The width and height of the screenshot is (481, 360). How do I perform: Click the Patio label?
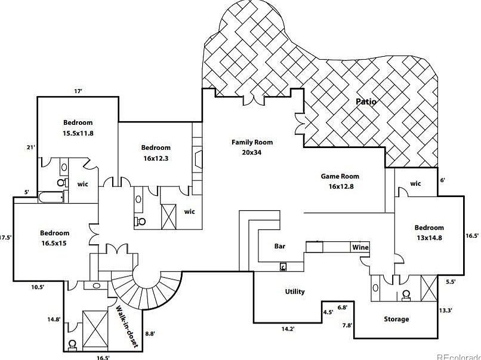tap(366, 101)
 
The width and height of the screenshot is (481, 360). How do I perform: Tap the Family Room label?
tap(252, 147)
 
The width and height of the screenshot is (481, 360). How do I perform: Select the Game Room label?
tap(340, 181)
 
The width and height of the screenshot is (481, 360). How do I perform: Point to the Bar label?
tap(280, 246)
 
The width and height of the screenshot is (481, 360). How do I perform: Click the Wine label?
tap(360, 247)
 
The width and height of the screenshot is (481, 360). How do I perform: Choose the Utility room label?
tap(295, 291)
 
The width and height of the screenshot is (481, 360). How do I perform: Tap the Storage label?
tap(396, 319)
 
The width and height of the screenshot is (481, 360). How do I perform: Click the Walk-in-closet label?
tap(127, 327)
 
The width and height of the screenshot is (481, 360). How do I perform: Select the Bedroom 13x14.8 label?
tap(429, 232)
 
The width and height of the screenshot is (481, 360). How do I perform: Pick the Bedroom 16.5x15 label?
tap(55, 238)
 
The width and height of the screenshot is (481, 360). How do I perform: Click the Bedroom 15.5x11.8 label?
tap(78, 128)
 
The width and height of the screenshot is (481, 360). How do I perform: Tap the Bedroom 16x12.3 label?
tap(156, 153)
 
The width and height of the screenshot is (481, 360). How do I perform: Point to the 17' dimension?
tap(78, 91)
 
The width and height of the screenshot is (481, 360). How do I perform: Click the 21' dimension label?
tap(31, 147)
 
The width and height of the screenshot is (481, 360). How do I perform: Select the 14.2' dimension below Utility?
tap(288, 328)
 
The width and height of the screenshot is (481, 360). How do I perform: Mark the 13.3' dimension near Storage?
tap(445, 310)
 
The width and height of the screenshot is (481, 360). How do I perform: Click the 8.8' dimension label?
tap(150, 334)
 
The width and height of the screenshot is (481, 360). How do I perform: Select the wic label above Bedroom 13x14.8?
tap(415, 183)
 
